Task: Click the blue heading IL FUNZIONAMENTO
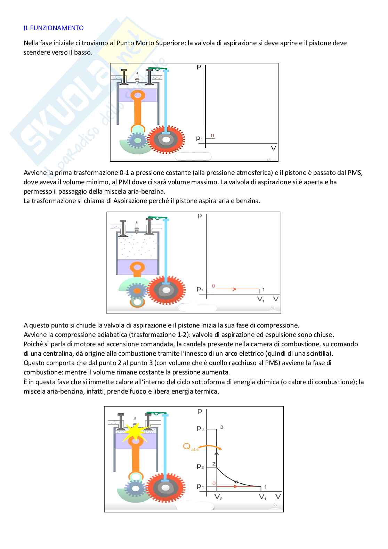pyautogui.click(x=54, y=28)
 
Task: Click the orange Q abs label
pyautogui.click(x=191, y=448)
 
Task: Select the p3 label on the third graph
pyautogui.click(x=200, y=428)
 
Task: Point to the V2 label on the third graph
pyautogui.click(x=218, y=498)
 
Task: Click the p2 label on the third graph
pyautogui.click(x=200, y=467)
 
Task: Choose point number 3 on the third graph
pyautogui.click(x=221, y=427)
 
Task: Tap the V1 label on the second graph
pyautogui.click(x=261, y=299)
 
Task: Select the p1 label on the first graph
pyautogui.click(x=199, y=139)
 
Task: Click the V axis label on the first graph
pyautogui.click(x=274, y=148)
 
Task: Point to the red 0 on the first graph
pyautogui.click(x=212, y=136)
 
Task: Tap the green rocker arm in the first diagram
pyautogui.click(x=157, y=68)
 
